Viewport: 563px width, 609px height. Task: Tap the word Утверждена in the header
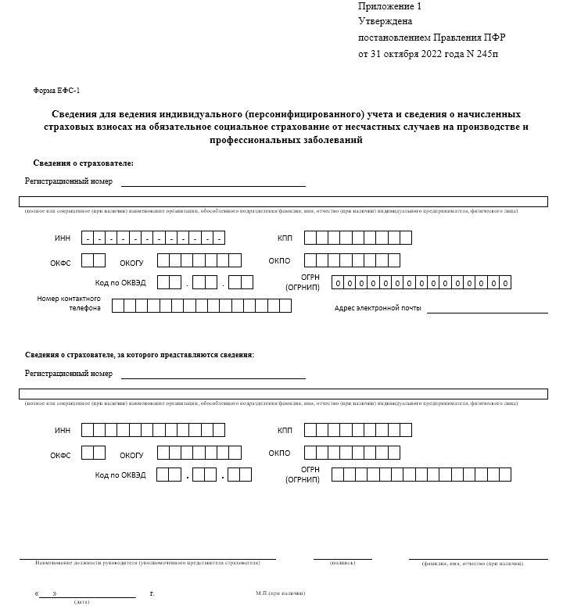(x=385, y=22)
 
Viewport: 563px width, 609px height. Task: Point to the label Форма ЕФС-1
(x=56, y=91)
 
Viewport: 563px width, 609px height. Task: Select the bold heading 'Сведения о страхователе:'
(x=84, y=163)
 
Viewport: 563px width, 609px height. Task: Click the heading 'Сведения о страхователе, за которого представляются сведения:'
(x=139, y=355)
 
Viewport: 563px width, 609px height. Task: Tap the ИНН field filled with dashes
(x=153, y=238)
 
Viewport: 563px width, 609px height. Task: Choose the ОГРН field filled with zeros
(x=421, y=283)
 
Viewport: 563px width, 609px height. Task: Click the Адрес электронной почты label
(x=378, y=308)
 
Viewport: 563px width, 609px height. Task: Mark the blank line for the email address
(x=486, y=311)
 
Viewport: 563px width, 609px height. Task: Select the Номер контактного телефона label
(x=69, y=303)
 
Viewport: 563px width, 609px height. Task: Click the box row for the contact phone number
(x=202, y=306)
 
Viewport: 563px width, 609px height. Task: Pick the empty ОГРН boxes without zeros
(x=421, y=474)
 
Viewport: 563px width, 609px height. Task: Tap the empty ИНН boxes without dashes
(x=153, y=429)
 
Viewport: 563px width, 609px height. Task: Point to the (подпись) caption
(x=342, y=563)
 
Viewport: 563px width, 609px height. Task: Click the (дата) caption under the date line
(x=81, y=602)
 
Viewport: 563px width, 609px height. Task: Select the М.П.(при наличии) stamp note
(x=280, y=593)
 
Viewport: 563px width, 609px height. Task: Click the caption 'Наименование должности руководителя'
(x=147, y=563)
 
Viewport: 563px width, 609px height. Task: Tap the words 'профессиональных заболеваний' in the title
(x=285, y=141)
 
